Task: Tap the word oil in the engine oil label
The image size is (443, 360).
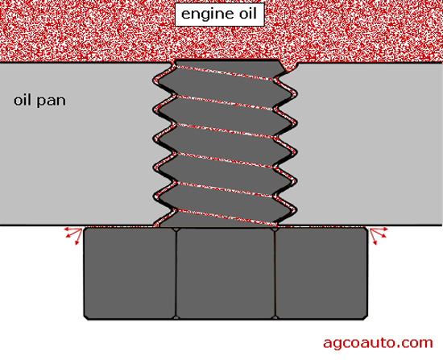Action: [248, 14]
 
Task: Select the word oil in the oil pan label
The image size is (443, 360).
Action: [22, 101]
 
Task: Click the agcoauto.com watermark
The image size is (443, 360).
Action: [378, 342]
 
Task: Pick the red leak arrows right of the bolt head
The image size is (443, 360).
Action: [378, 235]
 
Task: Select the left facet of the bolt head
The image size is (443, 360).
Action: [130, 273]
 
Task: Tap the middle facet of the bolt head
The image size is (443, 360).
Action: [226, 273]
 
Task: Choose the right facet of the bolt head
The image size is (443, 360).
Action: [321, 273]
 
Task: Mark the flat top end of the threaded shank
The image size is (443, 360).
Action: [226, 60]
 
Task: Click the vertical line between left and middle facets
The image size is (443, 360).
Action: [176, 274]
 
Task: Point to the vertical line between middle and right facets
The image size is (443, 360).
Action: [275, 274]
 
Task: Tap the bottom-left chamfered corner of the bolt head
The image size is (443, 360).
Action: [86, 317]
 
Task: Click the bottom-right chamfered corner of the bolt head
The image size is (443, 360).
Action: [366, 317]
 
